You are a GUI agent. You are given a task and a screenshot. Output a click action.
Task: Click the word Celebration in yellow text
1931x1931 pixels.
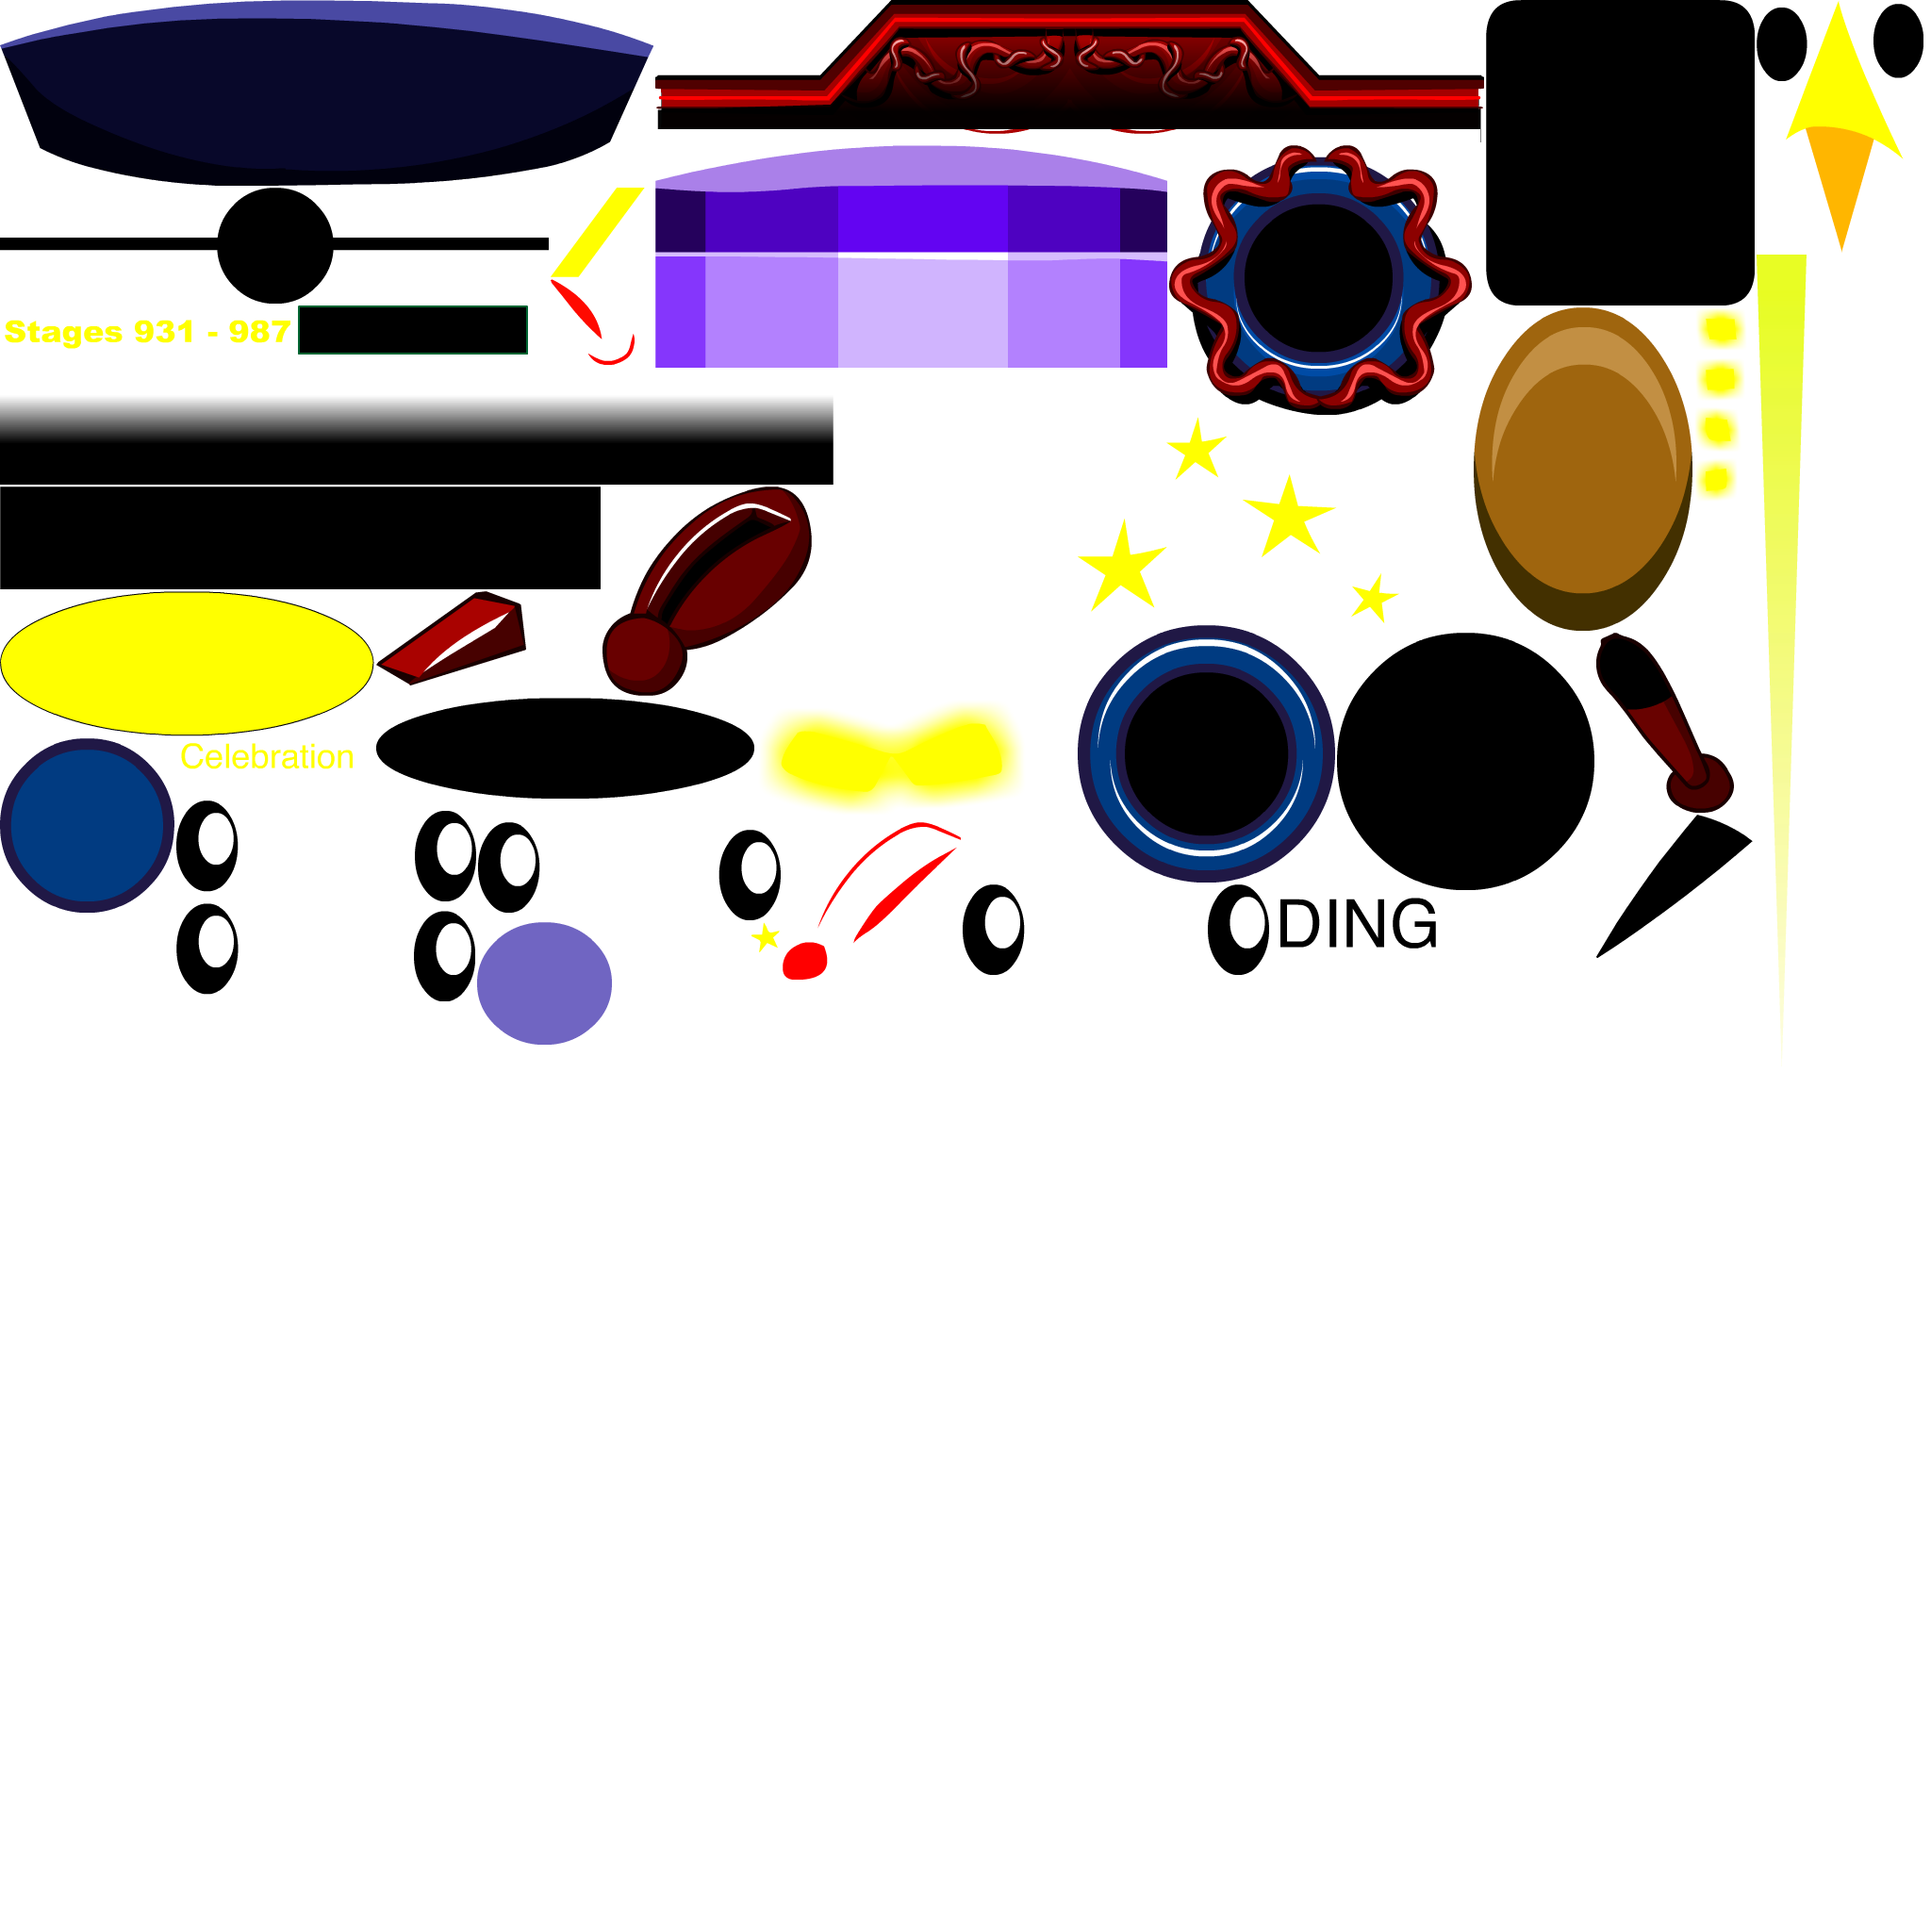point(266,756)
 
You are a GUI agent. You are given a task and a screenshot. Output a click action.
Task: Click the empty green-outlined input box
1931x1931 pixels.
point(412,330)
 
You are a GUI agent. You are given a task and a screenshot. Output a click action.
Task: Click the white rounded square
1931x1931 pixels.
point(69,983)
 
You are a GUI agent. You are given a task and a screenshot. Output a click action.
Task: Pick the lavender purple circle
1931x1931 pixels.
point(544,983)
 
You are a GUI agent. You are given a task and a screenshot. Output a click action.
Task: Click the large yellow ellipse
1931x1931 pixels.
point(187,663)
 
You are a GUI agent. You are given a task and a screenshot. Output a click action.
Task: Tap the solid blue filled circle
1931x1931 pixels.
point(87,826)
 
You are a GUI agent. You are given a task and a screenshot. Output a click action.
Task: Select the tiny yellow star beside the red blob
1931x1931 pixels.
point(766,937)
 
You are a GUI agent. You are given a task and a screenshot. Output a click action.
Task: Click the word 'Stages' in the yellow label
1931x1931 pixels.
point(62,332)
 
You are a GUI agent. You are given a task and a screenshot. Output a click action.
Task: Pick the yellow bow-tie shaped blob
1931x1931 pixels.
point(889,758)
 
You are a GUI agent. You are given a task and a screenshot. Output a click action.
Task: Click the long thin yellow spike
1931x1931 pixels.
point(1781,600)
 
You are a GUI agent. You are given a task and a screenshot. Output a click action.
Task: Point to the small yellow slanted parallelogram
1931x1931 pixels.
point(598,232)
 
